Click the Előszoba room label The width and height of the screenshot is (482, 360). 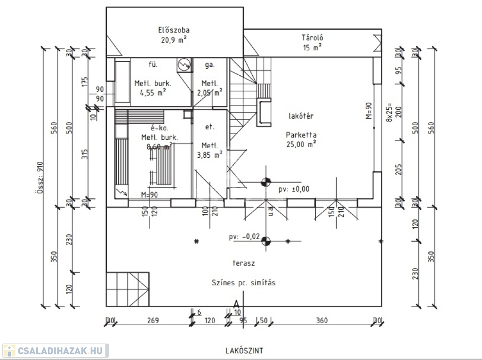[174, 31]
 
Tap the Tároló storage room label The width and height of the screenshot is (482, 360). [312, 38]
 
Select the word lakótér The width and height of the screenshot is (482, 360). [301, 115]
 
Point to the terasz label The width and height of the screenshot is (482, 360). [243, 263]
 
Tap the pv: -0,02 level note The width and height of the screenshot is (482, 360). [244, 237]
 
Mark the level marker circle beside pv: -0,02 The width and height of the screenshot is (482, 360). [266, 241]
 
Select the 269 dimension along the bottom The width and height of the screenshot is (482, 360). [153, 321]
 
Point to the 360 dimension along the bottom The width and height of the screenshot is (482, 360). [321, 321]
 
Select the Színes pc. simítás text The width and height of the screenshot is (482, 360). [243, 283]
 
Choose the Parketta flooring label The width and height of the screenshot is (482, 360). [301, 134]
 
